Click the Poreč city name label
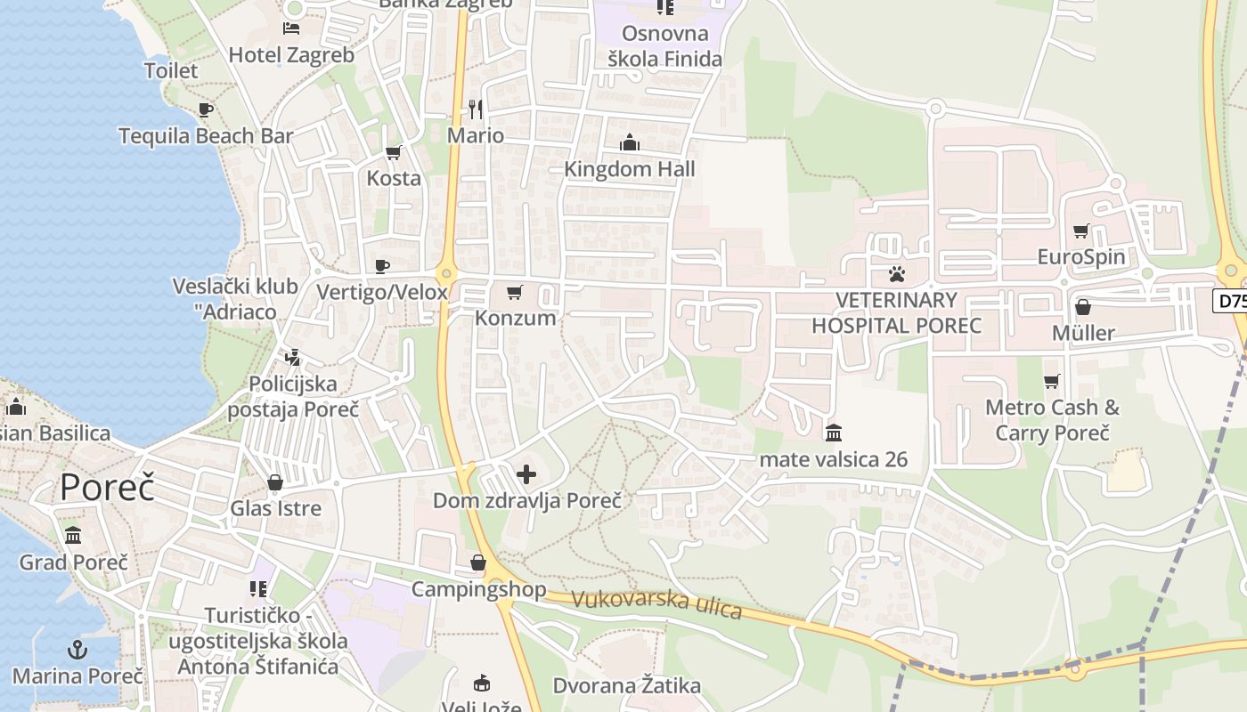[x=108, y=488]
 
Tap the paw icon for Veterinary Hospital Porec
[x=896, y=274]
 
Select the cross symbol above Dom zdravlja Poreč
[x=526, y=474]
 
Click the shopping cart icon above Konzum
[x=514, y=292]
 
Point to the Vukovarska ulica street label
[x=656, y=603]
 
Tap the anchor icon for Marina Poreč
[x=77, y=650]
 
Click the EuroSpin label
[x=1081, y=257]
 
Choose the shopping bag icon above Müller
[x=1083, y=307]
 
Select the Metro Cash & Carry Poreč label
[x=1052, y=420]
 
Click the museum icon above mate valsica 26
[x=834, y=433]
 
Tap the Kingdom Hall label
[x=630, y=169]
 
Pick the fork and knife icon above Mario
[x=476, y=109]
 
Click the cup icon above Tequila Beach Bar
[x=206, y=110]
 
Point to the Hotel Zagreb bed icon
[x=291, y=28]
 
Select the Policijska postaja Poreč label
[x=293, y=397]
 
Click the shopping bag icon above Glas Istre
[x=275, y=483]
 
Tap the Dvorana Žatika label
[x=627, y=686]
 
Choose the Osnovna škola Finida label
[x=664, y=46]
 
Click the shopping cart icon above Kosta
[x=393, y=152]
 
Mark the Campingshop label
[x=478, y=589]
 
